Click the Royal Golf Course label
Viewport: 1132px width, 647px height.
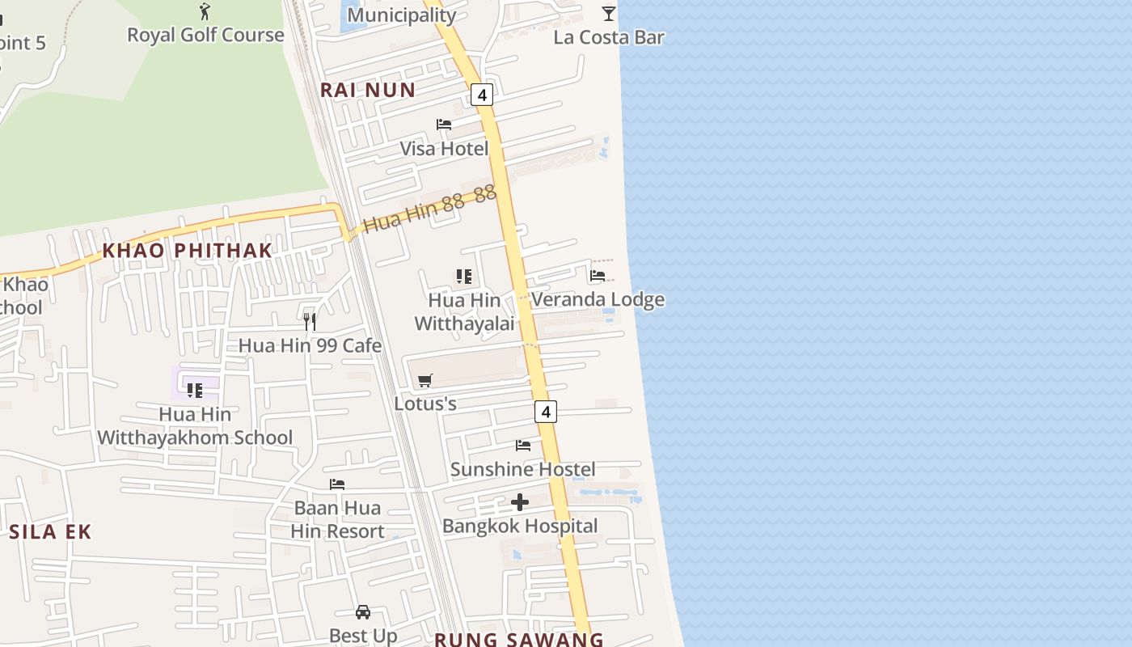point(205,36)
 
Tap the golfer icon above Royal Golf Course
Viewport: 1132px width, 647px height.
point(205,11)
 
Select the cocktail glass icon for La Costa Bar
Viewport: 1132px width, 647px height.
point(609,13)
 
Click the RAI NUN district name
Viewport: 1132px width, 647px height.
point(368,90)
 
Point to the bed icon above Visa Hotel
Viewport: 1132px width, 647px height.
point(444,124)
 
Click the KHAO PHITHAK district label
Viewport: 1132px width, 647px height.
point(187,251)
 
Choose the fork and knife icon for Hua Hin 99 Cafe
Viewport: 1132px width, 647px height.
point(310,322)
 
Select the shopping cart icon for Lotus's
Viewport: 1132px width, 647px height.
point(425,380)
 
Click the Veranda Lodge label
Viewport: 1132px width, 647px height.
point(598,299)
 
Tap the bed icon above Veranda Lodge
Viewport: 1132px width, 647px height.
point(598,275)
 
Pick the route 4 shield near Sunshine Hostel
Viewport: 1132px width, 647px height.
point(546,412)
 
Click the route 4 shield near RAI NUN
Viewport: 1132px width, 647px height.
point(482,95)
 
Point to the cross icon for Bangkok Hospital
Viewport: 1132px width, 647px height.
point(520,502)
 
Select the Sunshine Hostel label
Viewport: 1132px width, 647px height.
point(522,469)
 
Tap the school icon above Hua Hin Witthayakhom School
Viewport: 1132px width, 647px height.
point(195,390)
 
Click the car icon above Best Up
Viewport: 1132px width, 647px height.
point(363,612)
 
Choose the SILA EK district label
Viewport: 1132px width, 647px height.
point(50,531)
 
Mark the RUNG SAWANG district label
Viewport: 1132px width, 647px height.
point(518,640)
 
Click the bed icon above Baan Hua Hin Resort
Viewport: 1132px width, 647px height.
point(337,484)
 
